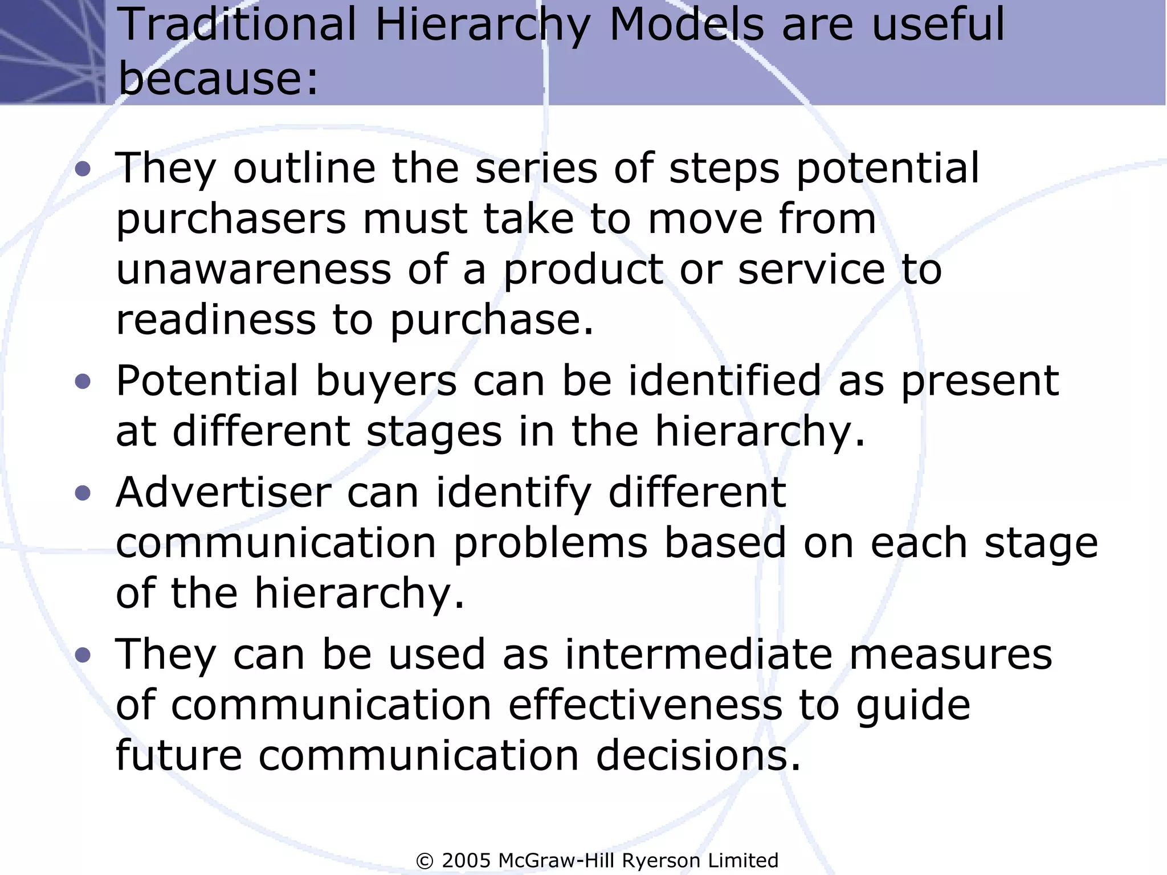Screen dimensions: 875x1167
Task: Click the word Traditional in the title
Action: [239, 24]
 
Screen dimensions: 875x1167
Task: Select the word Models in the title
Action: [686, 24]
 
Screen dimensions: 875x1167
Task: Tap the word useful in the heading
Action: [938, 24]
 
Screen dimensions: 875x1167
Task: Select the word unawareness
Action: [254, 269]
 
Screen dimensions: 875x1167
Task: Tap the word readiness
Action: [216, 320]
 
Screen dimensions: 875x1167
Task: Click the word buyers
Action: [386, 381]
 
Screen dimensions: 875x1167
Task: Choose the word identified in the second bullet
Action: [724, 381]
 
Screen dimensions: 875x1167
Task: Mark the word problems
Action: [550, 543]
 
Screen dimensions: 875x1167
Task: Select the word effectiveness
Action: [645, 705]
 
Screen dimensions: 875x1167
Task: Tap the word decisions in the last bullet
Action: [698, 755]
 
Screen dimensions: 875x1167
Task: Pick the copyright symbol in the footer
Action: [425, 861]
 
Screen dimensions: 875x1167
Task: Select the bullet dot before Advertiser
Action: [83, 493]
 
